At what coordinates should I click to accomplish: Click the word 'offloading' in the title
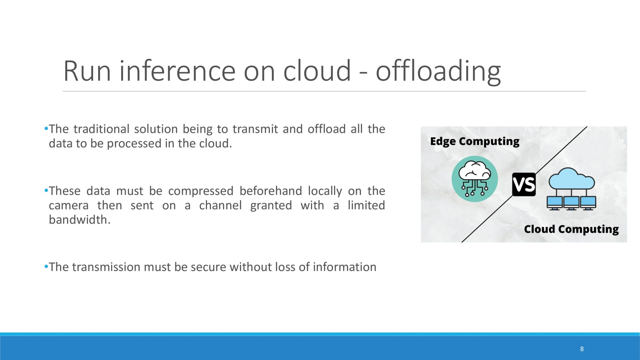pos(438,72)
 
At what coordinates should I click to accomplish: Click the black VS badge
pos(524,184)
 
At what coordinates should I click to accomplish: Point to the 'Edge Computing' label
pos(475,142)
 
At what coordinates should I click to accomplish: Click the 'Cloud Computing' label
pos(571,229)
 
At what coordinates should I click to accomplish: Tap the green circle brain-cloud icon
pos(475,179)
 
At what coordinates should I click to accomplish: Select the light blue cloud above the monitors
pos(572,178)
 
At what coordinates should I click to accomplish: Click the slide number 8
pos(582,349)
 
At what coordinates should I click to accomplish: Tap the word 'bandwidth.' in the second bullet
pos(80,220)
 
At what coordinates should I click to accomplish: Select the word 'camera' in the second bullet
pos(69,206)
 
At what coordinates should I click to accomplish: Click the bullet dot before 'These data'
pos(46,190)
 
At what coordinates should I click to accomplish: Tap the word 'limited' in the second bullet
pos(366,205)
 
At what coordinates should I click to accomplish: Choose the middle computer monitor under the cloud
pos(571,203)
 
